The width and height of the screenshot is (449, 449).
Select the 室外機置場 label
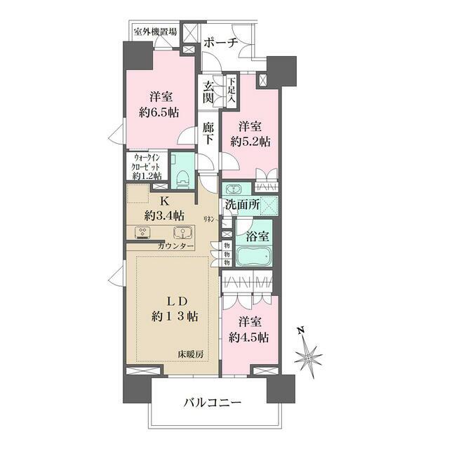click(x=156, y=31)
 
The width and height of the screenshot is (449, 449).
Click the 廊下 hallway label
click(x=208, y=133)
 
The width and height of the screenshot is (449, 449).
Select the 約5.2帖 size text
click(x=250, y=141)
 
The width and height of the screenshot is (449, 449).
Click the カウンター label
click(x=177, y=246)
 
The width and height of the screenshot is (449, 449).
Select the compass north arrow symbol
click(x=308, y=356)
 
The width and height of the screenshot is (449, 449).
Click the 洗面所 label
click(x=243, y=206)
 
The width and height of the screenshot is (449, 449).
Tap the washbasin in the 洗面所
click(x=232, y=189)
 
